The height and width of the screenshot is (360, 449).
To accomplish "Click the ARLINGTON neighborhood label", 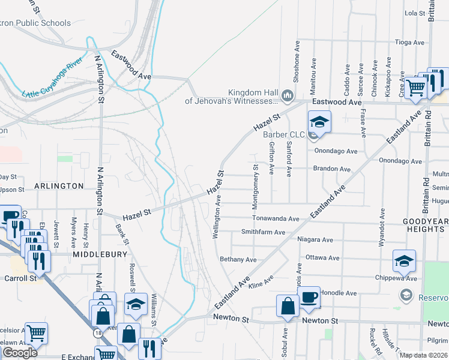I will (59, 186).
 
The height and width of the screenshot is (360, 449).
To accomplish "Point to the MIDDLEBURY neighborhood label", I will (100, 254).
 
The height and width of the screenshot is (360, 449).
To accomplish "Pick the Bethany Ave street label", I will (238, 260).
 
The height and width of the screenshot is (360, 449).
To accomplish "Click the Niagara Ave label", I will (315, 240).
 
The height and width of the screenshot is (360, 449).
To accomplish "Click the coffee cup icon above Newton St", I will (309, 298).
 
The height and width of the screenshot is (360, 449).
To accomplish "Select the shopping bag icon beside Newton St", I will (288, 305).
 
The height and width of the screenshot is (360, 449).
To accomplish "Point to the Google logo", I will (19, 353).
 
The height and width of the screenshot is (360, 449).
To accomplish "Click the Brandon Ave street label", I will (332, 169).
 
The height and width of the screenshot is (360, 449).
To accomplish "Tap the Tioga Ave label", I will (409, 43).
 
